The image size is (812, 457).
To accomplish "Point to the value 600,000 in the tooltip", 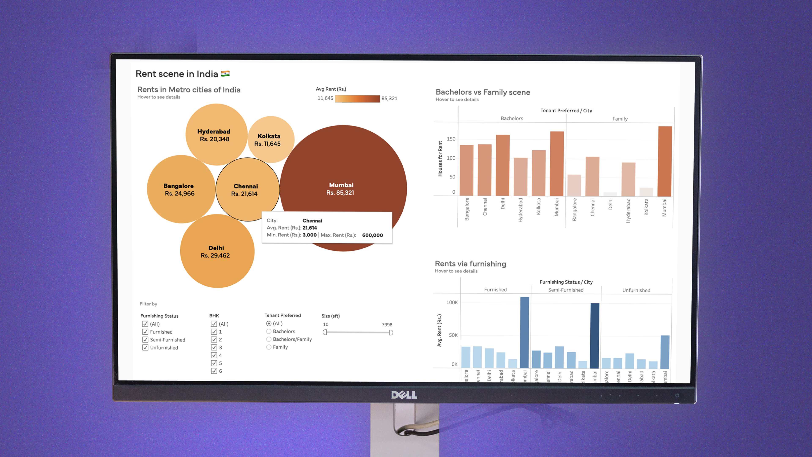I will [372, 235].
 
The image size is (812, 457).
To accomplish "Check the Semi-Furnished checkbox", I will [145, 340].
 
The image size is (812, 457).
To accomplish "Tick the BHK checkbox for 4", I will [214, 355].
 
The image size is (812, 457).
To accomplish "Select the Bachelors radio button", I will [269, 332].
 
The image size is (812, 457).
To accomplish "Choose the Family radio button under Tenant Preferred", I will [269, 347].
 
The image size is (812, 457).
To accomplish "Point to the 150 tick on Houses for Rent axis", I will [451, 139].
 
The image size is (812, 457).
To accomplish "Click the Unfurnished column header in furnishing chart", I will [636, 290].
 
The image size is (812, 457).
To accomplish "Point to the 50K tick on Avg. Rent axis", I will [453, 335].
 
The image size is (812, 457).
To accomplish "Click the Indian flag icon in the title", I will [225, 74].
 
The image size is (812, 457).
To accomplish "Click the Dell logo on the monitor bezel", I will [404, 395].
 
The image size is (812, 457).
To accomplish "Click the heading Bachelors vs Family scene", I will [483, 92].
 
